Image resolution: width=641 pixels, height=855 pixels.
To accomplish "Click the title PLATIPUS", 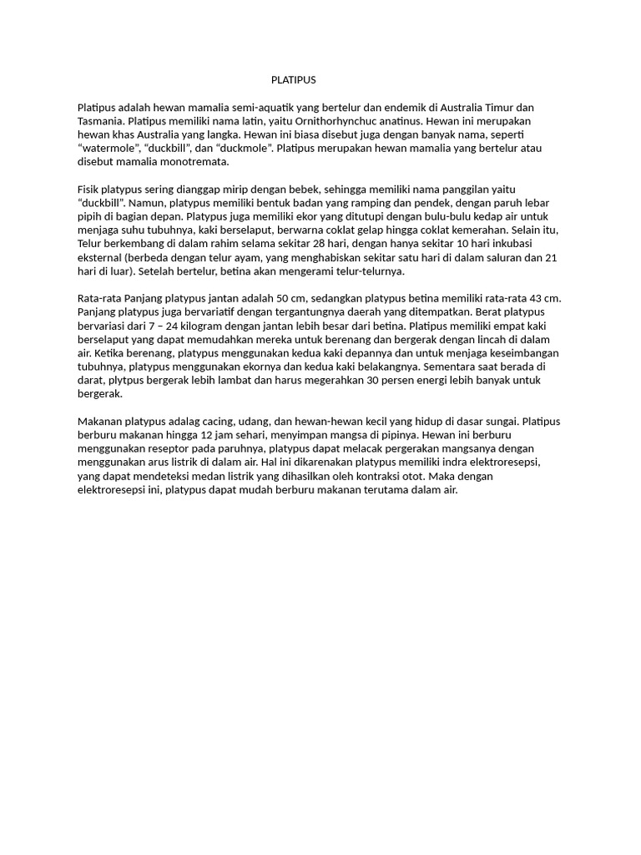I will (x=294, y=80).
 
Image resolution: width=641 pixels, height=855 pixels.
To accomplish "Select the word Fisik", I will (x=89, y=190).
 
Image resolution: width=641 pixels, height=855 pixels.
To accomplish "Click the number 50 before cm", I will (x=274, y=299).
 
